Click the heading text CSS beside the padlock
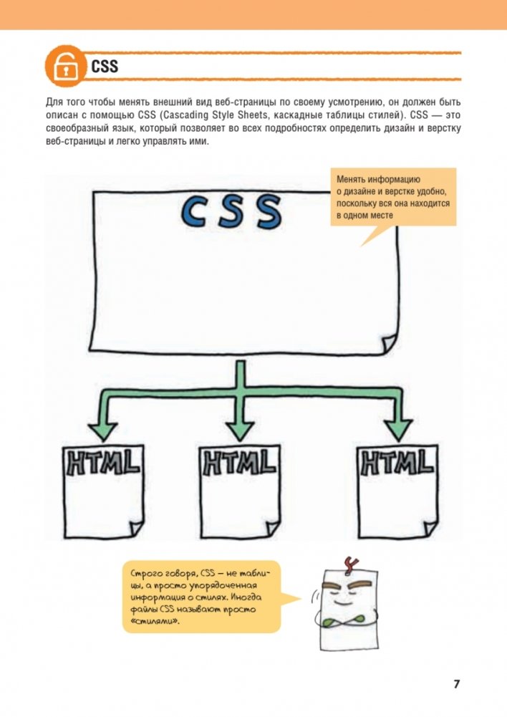[x=105, y=67]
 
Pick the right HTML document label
[x=396, y=461]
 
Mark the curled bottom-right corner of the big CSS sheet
[x=390, y=342]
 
